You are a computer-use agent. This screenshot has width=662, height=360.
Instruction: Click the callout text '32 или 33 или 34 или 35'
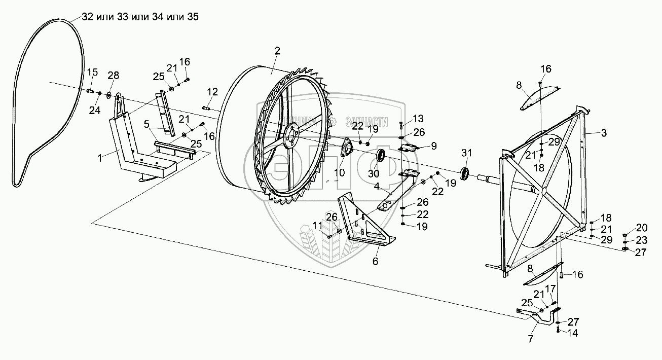140,16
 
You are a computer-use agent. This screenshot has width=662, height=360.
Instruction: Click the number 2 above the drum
277,50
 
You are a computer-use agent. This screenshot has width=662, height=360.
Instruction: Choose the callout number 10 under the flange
339,172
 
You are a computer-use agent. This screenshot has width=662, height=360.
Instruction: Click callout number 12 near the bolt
212,92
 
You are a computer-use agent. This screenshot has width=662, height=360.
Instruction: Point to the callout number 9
433,146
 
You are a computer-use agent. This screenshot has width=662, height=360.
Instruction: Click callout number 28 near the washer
114,76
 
